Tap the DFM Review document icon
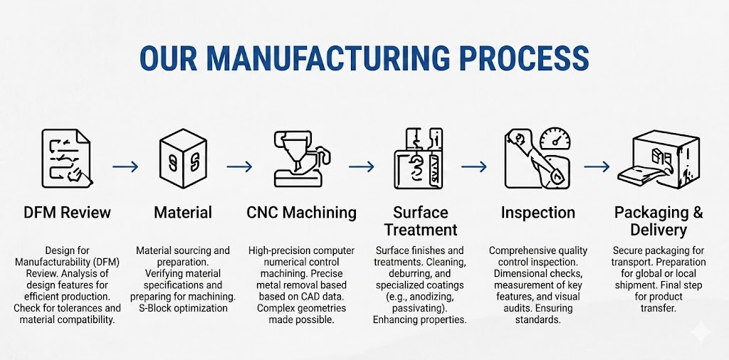point(66,159)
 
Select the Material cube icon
point(183,159)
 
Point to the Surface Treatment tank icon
point(419,159)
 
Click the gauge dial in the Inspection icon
point(555,139)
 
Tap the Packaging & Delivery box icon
point(659,159)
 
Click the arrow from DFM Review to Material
point(125,166)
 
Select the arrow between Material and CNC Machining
point(239,166)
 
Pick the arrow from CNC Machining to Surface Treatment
point(361,166)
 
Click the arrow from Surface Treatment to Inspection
point(474,166)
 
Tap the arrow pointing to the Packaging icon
point(597,166)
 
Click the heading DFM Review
point(67,213)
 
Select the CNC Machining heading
point(301,213)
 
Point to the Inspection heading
point(538,213)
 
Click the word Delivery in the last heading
point(659,230)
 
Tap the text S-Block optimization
point(183,308)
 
